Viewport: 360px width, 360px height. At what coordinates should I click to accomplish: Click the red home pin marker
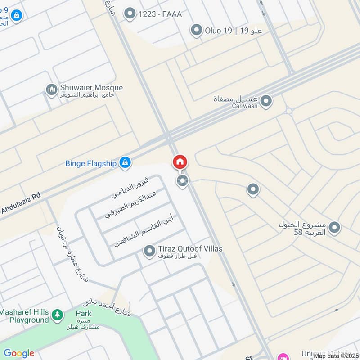click(x=180, y=162)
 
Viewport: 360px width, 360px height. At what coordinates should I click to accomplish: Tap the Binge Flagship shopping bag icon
click(x=125, y=162)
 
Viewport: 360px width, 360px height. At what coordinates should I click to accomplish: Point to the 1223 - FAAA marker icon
click(x=130, y=14)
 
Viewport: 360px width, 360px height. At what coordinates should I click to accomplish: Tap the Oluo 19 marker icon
click(x=196, y=31)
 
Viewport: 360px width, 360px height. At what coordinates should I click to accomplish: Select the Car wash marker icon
click(x=266, y=101)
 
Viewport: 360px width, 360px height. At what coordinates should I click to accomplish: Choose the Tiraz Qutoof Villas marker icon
click(x=149, y=251)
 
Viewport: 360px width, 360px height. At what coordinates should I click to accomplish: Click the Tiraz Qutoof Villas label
click(x=190, y=249)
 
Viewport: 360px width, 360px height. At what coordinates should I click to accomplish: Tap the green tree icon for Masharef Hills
click(x=57, y=315)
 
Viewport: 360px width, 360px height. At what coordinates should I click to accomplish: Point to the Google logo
click(x=19, y=353)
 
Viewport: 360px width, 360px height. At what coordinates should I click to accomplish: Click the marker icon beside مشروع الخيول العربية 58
click(x=334, y=228)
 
